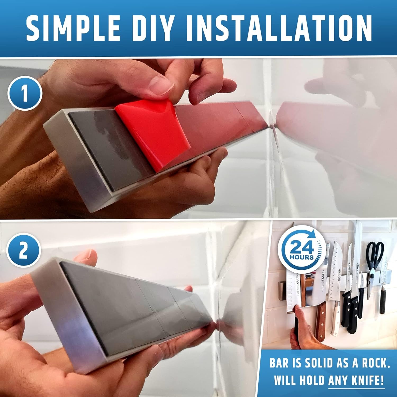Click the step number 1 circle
(25, 93)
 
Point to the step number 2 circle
(24, 250)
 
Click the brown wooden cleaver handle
(321, 323)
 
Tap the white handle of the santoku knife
(336, 318)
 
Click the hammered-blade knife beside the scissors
(383, 281)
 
